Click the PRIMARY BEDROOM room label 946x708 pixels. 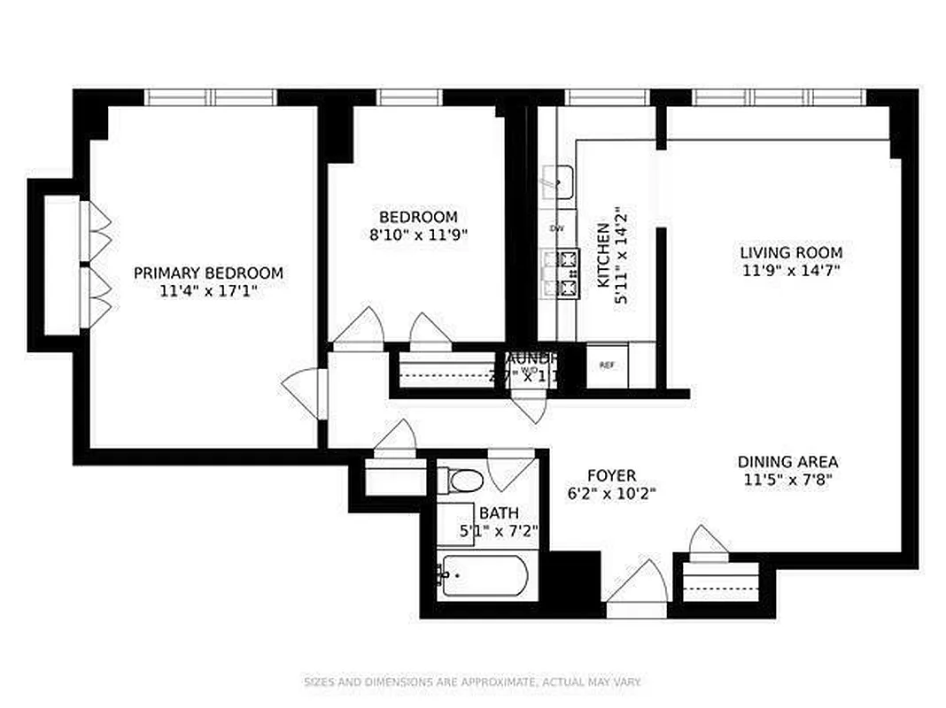208,273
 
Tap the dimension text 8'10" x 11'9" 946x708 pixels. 418,235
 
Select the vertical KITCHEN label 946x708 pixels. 602,255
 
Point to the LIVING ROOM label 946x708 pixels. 791,253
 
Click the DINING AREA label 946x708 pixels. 787,462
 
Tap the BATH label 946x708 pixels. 499,513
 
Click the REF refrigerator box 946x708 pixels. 608,365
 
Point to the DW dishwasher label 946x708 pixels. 557,228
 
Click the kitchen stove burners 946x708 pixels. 560,273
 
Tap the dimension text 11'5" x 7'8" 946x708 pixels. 787,481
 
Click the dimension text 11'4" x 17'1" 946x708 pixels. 208,291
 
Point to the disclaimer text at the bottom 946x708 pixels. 472,682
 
